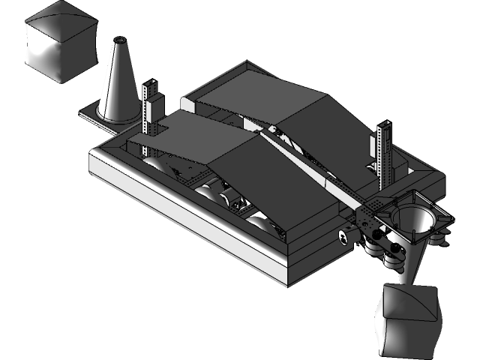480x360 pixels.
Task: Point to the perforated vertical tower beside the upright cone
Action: tap(151, 106)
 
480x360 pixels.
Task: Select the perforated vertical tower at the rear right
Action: tap(386, 154)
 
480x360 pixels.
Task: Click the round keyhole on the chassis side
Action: tap(343, 237)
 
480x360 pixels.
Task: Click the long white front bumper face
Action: tap(187, 217)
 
